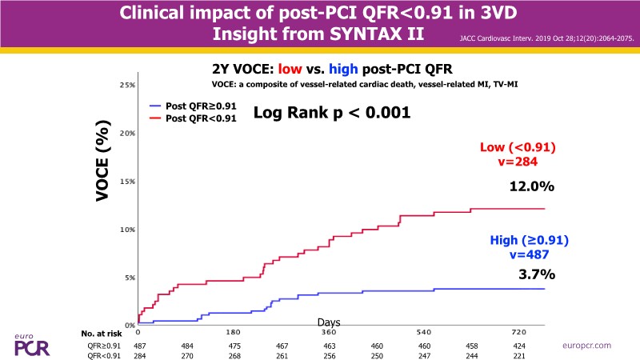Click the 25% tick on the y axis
[x=126, y=85]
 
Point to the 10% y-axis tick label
[x=126, y=230]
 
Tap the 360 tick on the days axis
[x=328, y=330]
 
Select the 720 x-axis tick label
[x=519, y=330]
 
